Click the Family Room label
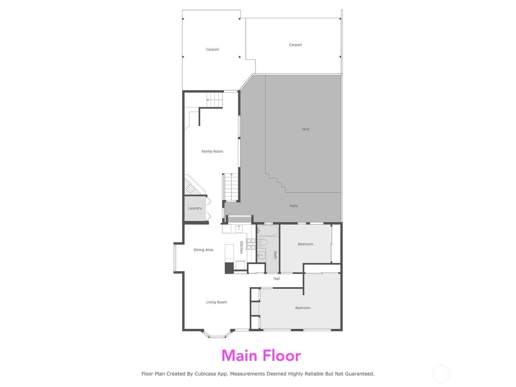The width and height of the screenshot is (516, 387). (212, 151)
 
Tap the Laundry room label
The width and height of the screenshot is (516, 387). (195, 208)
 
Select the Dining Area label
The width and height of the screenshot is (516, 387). (203, 250)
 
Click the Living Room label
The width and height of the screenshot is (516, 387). (216, 302)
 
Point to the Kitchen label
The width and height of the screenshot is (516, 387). (241, 247)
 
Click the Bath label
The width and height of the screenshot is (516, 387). (275, 255)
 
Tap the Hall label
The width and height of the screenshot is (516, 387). (277, 279)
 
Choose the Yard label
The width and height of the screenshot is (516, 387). (305, 129)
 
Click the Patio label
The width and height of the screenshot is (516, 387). (294, 206)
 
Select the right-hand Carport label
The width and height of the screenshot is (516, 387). (295, 45)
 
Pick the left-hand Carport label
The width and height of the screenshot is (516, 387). (213, 50)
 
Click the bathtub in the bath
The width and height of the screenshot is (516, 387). (268, 231)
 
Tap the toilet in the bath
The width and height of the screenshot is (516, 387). (263, 242)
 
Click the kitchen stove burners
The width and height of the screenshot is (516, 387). (251, 244)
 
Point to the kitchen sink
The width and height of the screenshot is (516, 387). (239, 229)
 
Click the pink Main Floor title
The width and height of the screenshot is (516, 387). (261, 356)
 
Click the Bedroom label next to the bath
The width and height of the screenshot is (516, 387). (305, 244)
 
